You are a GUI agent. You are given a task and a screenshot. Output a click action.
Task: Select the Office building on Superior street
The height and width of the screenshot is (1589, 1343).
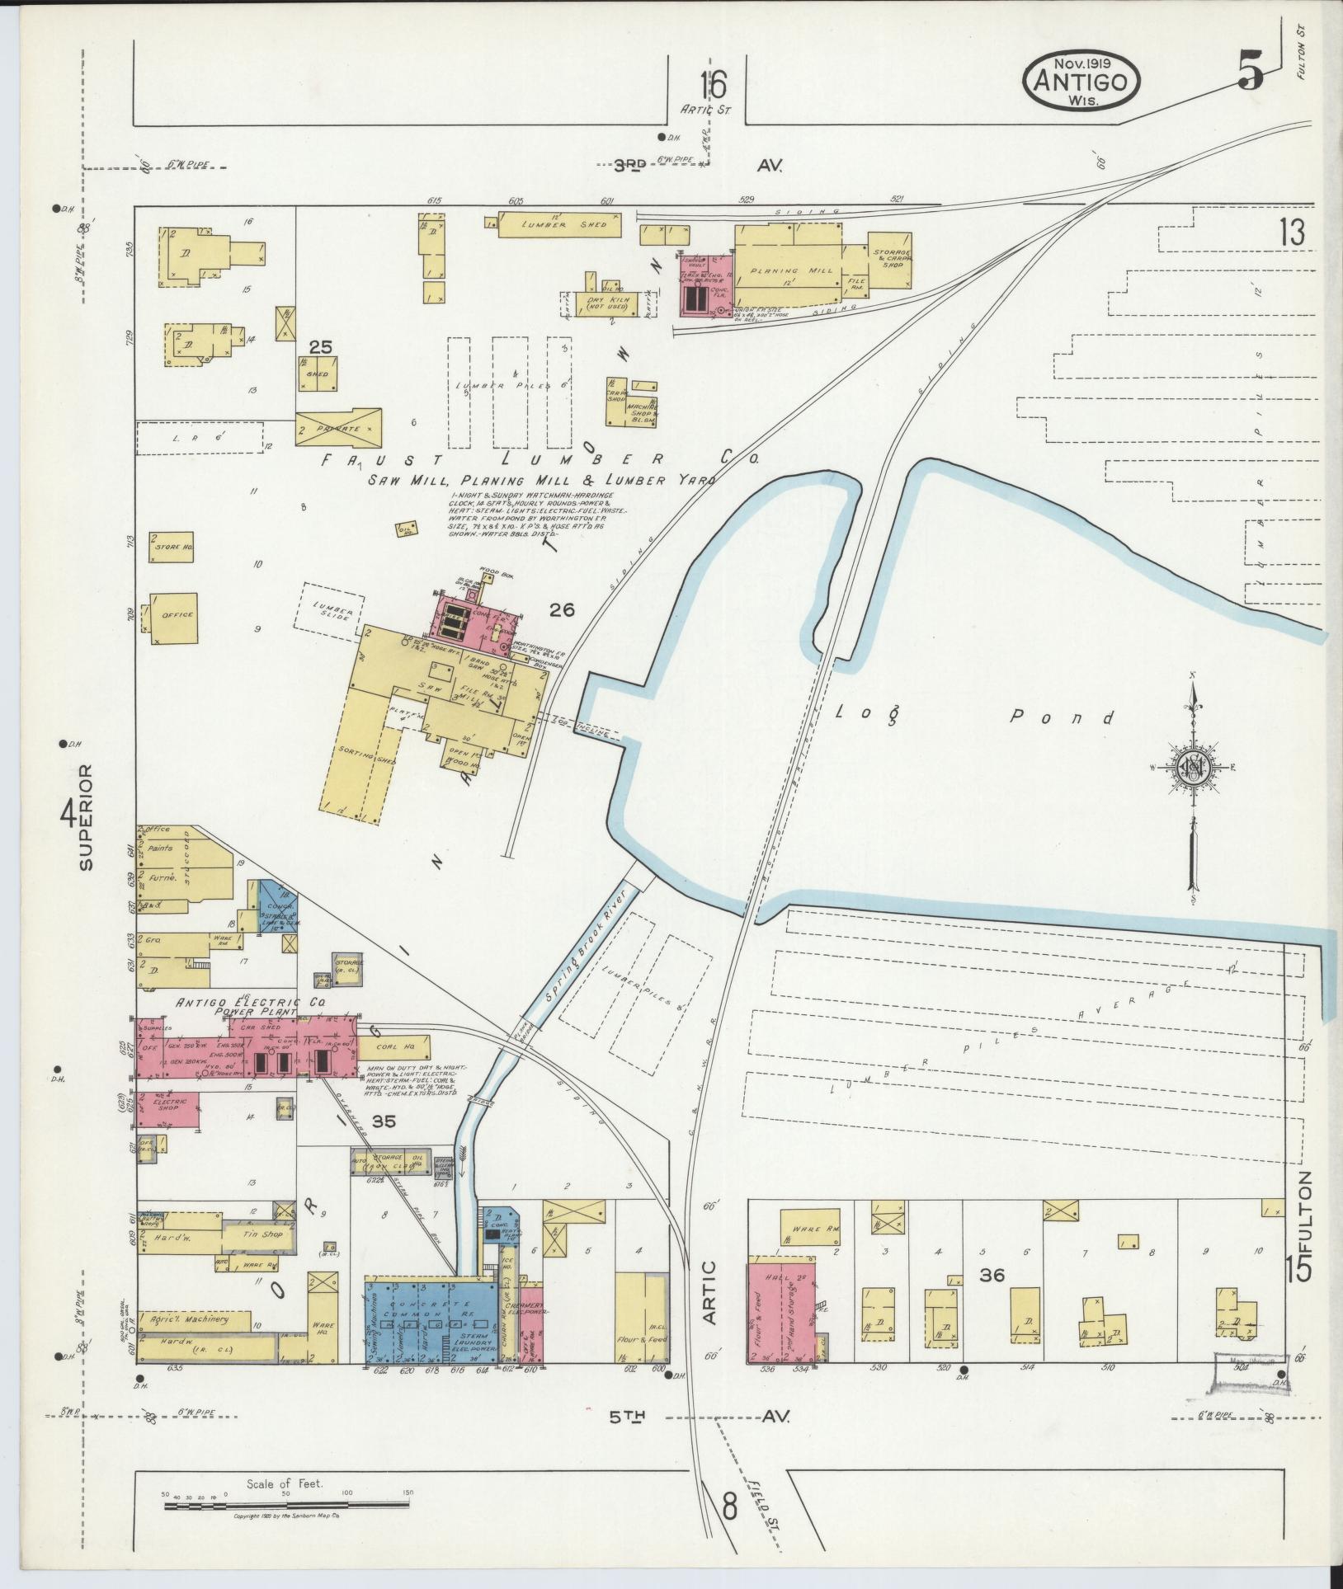click(174, 616)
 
